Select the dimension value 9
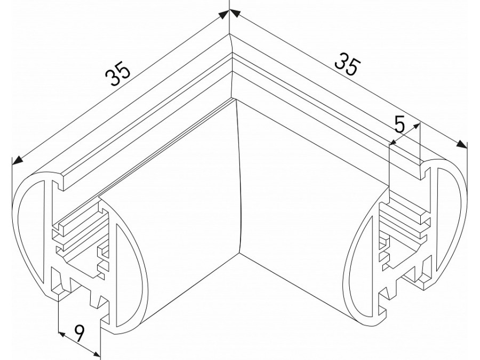coord(78,334)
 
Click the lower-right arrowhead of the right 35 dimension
coord(463,145)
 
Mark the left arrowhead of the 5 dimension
coord(393,142)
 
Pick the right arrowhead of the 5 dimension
coord(418,126)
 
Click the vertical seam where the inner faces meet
coord(240,176)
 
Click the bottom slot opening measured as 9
coord(80,299)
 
